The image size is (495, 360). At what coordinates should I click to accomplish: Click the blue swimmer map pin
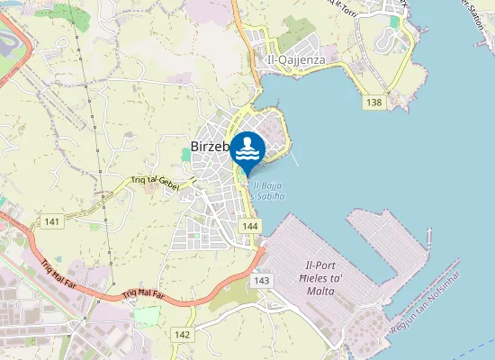tap(248, 151)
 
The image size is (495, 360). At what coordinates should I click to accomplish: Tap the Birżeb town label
tap(211, 148)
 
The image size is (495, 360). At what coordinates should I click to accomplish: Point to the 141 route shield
tap(51, 221)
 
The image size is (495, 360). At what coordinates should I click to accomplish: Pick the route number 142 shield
tap(183, 334)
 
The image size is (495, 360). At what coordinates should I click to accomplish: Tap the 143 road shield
tap(262, 281)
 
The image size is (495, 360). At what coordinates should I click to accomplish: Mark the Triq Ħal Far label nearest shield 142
tap(145, 293)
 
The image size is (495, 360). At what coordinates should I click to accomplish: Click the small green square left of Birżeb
tap(186, 155)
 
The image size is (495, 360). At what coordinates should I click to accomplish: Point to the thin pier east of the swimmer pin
tap(294, 157)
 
